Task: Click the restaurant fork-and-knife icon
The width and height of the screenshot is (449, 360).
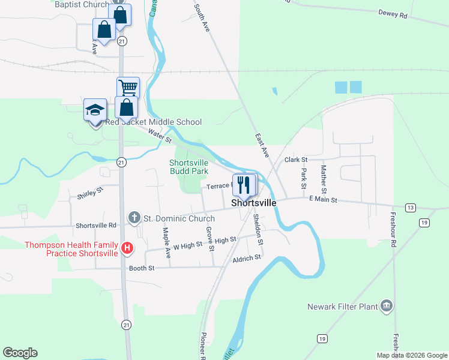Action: [244, 184]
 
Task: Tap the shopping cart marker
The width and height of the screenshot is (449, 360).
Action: [128, 88]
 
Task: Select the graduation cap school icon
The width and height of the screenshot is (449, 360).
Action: [95, 110]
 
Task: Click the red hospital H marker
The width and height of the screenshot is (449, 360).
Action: [127, 247]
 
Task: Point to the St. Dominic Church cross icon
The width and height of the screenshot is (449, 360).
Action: [135, 217]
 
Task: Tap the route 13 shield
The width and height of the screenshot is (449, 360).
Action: [411, 208]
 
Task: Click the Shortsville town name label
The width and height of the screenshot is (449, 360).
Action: [255, 203]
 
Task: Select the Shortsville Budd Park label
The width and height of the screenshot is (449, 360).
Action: [188, 167]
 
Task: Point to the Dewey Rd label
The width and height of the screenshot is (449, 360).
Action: [393, 13]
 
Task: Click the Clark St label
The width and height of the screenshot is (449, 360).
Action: [296, 160]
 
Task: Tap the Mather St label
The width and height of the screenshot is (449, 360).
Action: [324, 176]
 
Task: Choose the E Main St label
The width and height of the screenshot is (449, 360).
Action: [323, 199]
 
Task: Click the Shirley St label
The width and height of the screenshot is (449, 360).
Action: [90, 193]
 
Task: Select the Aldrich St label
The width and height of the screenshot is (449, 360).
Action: [247, 257]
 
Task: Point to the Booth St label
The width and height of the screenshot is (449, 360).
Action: [142, 268]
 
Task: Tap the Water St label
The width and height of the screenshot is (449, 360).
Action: [160, 136]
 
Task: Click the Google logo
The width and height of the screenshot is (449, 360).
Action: [20, 353]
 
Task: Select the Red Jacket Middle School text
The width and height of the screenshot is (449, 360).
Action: [153, 122]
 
